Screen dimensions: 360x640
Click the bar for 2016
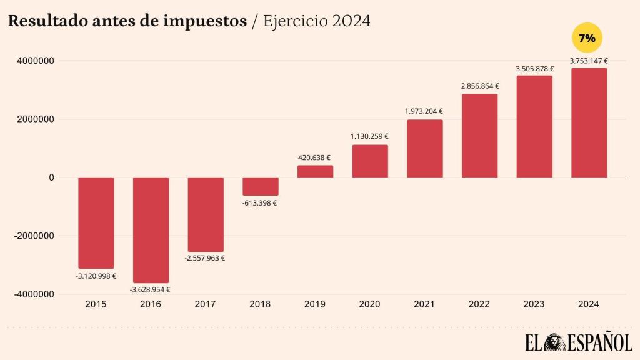point(151,230)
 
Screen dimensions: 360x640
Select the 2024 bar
point(589,122)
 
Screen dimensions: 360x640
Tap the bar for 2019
point(315,171)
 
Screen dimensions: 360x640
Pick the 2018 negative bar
point(260,186)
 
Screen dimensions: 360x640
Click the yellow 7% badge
point(587,39)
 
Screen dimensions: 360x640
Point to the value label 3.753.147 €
point(589,61)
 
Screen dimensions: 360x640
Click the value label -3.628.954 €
point(150,289)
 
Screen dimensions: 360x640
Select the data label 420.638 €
point(314,158)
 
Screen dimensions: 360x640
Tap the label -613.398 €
point(260,202)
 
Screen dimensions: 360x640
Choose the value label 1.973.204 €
point(424,112)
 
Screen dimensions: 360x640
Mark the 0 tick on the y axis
point(51,178)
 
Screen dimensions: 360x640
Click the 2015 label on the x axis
point(96,304)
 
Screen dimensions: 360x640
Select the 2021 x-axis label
point(424,304)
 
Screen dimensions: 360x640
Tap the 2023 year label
point(534,304)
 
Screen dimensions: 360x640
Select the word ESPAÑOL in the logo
point(601,343)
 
